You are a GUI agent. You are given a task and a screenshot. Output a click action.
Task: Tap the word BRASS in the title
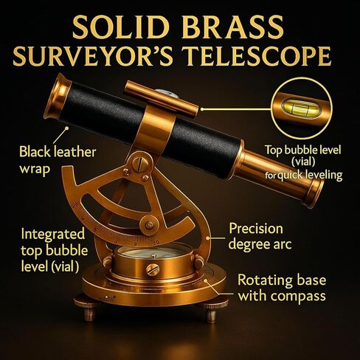(232, 26)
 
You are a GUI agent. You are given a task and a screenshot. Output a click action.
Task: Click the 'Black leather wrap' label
(58, 160)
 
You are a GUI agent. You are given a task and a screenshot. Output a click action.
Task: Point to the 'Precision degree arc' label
(260, 236)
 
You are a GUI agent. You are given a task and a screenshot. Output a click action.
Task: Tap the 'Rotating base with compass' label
(282, 288)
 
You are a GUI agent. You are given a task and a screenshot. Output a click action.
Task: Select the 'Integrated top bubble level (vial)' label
(54, 250)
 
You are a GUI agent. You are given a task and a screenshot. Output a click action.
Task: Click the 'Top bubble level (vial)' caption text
(303, 156)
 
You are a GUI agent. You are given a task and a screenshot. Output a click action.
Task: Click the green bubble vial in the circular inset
(297, 108)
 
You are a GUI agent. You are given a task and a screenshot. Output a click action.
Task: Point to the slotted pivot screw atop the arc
(140, 163)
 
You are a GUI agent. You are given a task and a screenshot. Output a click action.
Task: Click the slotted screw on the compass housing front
(153, 270)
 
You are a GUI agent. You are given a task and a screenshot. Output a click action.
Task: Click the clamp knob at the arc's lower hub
(149, 225)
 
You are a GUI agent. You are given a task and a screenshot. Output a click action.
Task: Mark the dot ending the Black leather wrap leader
(66, 128)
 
